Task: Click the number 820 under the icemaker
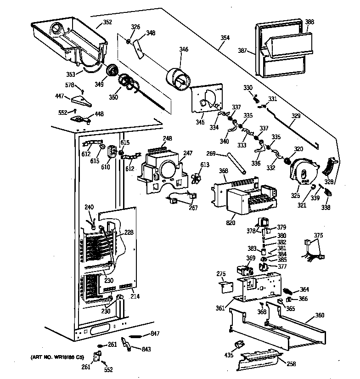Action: click(x=231, y=223)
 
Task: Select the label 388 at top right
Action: click(x=309, y=22)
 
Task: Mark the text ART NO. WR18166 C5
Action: click(x=57, y=357)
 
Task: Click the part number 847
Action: click(x=155, y=334)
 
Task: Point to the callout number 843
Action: click(x=146, y=350)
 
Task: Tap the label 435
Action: click(x=228, y=355)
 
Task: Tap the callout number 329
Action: click(x=296, y=116)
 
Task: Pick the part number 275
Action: click(x=221, y=274)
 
